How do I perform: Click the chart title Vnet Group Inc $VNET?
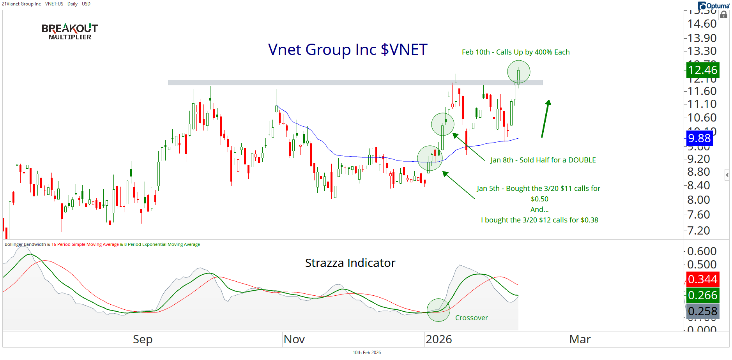(x=348, y=49)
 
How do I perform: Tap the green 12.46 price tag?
(x=702, y=70)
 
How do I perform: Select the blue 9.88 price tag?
(x=699, y=138)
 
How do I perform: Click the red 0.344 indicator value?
(x=702, y=279)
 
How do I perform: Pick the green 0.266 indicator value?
(x=702, y=295)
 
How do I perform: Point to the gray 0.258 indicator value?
(x=702, y=311)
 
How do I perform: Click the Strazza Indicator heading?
(x=350, y=263)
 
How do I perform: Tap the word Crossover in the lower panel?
(x=471, y=318)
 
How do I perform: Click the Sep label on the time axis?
(x=143, y=339)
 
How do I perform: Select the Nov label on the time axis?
(x=294, y=339)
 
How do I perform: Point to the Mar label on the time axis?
(x=580, y=339)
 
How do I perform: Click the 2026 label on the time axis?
(x=438, y=339)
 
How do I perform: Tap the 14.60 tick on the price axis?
(x=702, y=24)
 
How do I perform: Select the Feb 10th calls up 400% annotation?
(x=515, y=52)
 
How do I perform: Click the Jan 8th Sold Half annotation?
(x=543, y=160)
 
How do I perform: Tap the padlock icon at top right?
(x=724, y=15)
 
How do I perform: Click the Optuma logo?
(x=713, y=5)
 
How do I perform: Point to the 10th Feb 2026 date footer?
(x=366, y=353)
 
